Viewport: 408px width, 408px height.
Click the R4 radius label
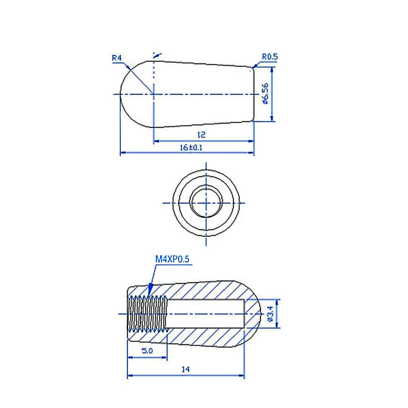click(117, 58)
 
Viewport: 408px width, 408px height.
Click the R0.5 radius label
click(270, 57)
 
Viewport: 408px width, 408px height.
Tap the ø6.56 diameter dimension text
click(265, 93)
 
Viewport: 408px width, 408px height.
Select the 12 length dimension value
click(201, 135)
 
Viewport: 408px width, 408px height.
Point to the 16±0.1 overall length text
click(191, 148)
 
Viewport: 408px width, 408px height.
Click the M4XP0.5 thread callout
click(172, 259)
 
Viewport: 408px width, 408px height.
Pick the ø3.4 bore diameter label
click(271, 313)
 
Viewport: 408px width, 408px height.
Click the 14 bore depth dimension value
click(186, 369)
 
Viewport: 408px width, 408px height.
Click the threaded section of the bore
click(148, 313)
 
